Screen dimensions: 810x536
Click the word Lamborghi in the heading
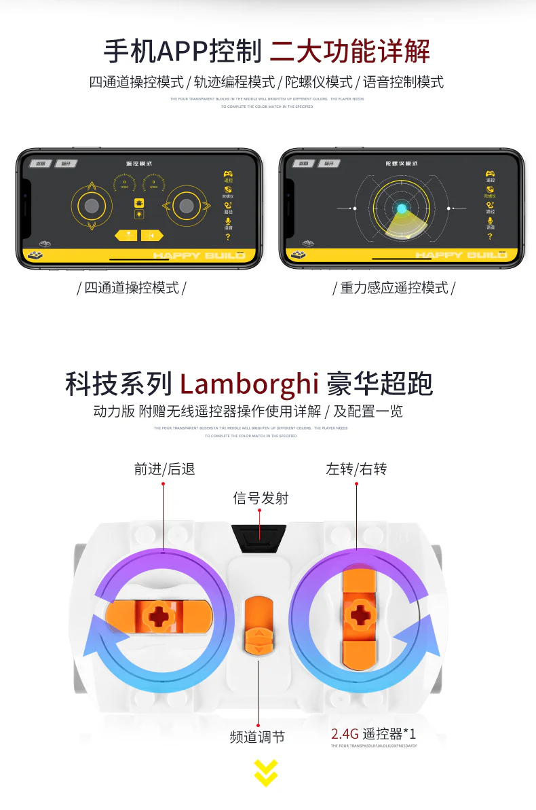[249, 384]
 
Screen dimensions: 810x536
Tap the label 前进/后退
[164, 468]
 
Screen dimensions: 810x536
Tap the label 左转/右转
[356, 468]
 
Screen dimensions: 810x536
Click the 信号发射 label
[261, 498]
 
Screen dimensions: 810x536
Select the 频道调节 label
[257, 737]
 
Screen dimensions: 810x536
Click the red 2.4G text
[345, 734]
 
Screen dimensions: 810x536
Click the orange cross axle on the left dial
[160, 615]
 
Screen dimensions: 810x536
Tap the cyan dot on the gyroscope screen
[402, 209]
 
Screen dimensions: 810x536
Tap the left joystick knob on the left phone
[92, 205]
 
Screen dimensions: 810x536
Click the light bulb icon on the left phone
[139, 214]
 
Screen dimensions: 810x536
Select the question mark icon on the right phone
[490, 237]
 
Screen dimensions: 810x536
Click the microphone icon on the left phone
[228, 221]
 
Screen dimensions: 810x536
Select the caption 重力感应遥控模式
[394, 288]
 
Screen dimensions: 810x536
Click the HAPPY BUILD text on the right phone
[461, 255]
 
